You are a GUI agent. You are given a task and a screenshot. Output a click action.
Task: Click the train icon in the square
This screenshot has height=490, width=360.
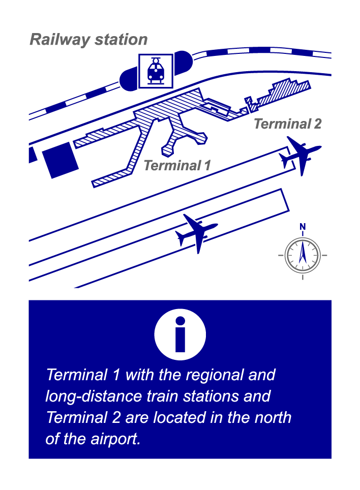156,71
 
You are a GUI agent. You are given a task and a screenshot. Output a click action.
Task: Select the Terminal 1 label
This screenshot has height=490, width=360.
177,165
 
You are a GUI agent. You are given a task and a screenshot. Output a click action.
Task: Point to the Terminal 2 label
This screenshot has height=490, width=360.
287,124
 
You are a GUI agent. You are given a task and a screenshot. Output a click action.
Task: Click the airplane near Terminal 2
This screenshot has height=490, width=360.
299,156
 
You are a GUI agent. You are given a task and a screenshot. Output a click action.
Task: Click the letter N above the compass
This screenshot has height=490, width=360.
303,227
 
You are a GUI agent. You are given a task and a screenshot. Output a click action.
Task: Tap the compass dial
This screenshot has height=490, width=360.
303,255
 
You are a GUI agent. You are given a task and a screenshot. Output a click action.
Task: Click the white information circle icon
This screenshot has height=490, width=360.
180,334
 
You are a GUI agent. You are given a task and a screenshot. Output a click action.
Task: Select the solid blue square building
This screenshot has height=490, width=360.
61,160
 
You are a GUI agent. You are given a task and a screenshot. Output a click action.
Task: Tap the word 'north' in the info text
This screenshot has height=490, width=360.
271,417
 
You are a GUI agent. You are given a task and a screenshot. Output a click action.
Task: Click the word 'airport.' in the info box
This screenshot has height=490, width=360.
115,439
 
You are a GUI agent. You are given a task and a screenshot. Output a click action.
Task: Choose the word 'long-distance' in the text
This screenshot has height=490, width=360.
94,396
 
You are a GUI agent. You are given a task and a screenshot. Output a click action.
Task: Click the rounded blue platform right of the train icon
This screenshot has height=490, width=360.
183,63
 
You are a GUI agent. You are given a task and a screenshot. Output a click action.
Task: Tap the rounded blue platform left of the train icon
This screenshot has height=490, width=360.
129,79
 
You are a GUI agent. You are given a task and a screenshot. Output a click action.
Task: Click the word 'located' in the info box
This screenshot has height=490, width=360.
179,417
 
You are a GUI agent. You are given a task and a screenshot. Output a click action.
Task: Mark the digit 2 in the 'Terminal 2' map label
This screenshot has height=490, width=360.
317,124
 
